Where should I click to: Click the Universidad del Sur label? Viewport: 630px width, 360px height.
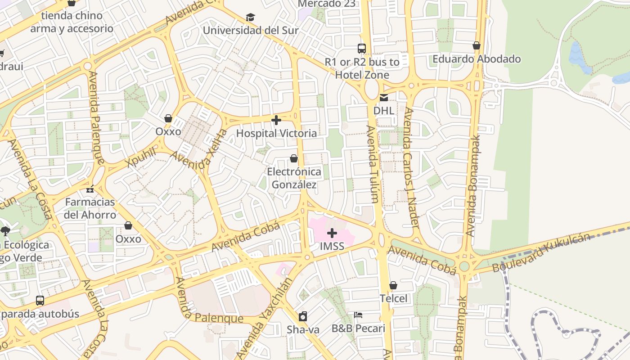coord(251,31)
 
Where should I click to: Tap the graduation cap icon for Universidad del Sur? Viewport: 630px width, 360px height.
coord(250,18)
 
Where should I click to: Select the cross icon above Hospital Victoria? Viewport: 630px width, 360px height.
coord(276,120)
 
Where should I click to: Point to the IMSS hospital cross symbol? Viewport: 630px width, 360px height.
coord(332,233)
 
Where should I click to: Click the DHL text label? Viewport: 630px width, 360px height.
coord(383,110)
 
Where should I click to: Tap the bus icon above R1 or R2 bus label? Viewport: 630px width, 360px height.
coord(361,49)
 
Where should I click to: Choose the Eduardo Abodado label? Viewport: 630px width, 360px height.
coord(477,59)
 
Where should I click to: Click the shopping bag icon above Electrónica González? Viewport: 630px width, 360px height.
coord(294,159)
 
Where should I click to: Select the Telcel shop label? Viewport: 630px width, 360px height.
coord(393,298)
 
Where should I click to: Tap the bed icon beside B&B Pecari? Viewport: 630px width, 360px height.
coord(358,315)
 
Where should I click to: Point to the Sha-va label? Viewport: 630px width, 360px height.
coord(303,330)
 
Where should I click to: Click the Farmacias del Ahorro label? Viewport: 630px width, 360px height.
coord(90,208)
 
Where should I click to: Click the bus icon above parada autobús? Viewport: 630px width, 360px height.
coord(40,300)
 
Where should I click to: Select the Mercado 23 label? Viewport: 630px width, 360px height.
coord(327,4)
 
